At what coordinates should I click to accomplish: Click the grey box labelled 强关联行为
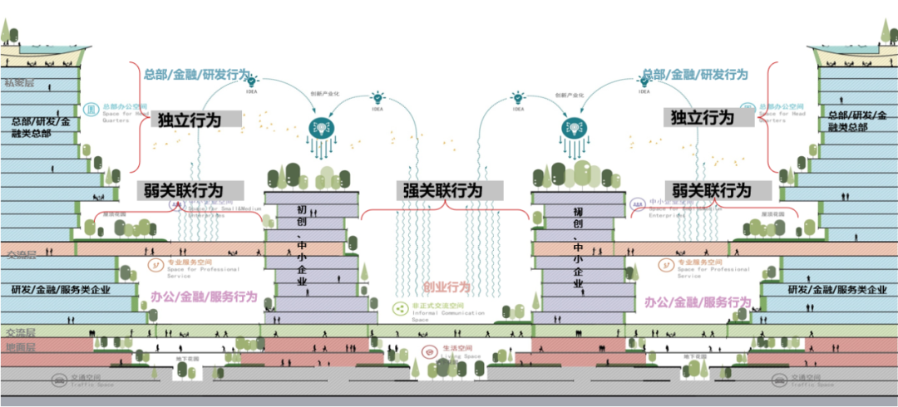440,190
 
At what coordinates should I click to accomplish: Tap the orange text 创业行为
447,287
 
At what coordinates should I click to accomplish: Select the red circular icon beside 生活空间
429,351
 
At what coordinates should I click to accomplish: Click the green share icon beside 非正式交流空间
399,309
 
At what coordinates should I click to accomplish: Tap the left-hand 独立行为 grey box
190,120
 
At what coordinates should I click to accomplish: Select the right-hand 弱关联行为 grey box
711,190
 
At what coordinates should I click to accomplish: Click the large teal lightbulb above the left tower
319,127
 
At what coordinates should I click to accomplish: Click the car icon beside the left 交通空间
59,380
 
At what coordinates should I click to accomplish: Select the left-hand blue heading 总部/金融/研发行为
196,75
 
